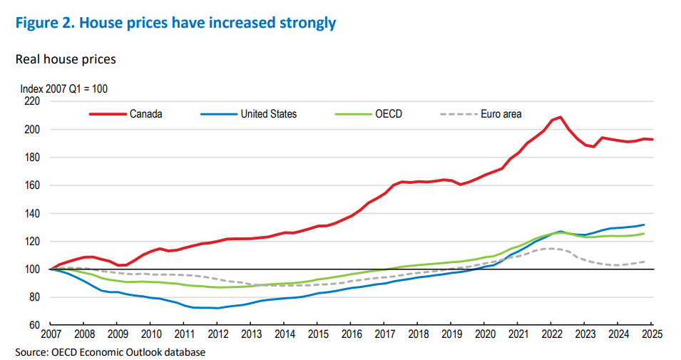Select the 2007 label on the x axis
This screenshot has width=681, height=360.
point(50,334)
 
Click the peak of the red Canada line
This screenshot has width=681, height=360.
point(560,117)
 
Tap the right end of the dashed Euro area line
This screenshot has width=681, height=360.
point(645,262)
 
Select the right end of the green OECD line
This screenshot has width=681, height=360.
point(645,234)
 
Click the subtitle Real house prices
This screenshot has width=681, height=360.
point(66,59)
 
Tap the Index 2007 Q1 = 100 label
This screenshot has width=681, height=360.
point(63,89)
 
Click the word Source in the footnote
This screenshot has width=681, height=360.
point(30,351)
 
